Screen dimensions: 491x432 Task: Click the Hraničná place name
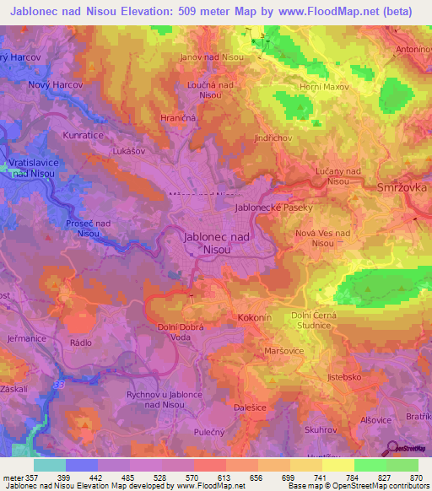[179, 119]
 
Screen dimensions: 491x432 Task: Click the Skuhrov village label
[321, 429]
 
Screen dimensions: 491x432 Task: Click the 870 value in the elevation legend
[415, 477]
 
